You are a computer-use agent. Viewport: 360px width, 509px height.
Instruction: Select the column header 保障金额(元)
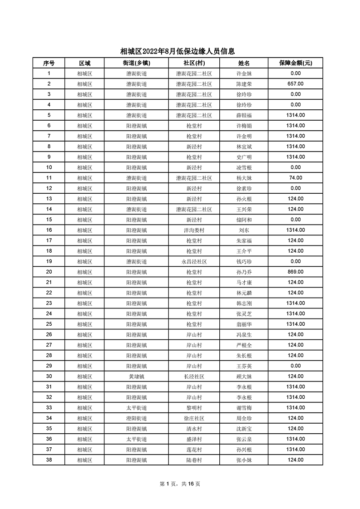295,63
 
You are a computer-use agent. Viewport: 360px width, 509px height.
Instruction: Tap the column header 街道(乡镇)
136,63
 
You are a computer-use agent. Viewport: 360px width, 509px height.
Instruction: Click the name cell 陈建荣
244,84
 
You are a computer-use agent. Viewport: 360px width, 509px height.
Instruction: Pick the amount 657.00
296,84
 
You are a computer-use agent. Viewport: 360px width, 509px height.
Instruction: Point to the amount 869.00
296,272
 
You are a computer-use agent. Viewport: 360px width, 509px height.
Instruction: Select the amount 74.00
296,178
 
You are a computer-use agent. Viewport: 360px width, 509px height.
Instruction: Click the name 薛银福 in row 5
244,115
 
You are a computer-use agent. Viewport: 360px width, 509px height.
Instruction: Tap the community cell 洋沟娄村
194,230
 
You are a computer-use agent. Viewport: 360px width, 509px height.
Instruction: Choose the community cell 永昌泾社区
194,261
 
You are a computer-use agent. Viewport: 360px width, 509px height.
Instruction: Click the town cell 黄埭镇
136,377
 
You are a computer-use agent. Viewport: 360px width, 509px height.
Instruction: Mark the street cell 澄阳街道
136,418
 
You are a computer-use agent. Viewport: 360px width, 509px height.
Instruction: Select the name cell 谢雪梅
244,408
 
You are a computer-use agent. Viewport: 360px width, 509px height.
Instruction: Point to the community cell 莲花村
194,450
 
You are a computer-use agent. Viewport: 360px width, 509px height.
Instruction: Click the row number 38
49,460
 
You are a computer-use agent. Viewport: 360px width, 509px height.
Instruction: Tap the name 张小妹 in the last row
244,460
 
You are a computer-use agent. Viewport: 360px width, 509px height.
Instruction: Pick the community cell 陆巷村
194,460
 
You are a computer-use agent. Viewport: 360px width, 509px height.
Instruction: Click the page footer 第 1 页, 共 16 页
180,484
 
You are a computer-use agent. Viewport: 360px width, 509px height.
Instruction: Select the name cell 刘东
244,230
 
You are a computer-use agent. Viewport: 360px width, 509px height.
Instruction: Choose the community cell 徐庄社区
194,418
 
